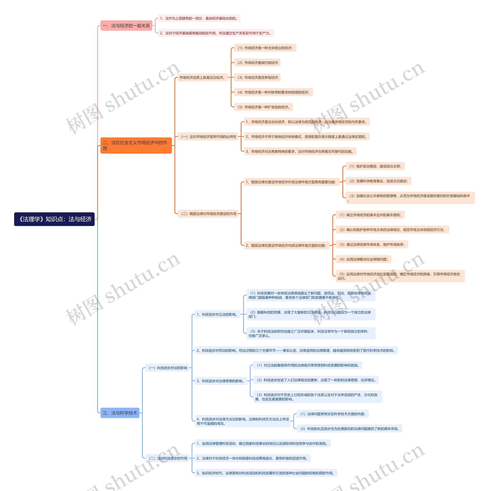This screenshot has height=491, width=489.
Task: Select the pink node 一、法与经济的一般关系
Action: tap(126, 26)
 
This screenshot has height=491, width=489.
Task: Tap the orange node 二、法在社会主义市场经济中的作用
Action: tap(136, 145)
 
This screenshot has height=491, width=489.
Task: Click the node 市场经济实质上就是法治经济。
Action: tap(202, 78)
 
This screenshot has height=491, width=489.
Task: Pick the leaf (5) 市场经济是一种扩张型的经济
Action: tap(263, 107)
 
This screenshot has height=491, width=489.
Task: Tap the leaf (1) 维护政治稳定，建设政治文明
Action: tap(375, 166)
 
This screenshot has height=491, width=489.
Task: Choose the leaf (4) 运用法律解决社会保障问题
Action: tap(363, 259)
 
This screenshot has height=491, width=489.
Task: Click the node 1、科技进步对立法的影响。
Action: tap(217, 314)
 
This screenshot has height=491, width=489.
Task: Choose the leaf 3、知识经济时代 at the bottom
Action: tap(266, 473)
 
